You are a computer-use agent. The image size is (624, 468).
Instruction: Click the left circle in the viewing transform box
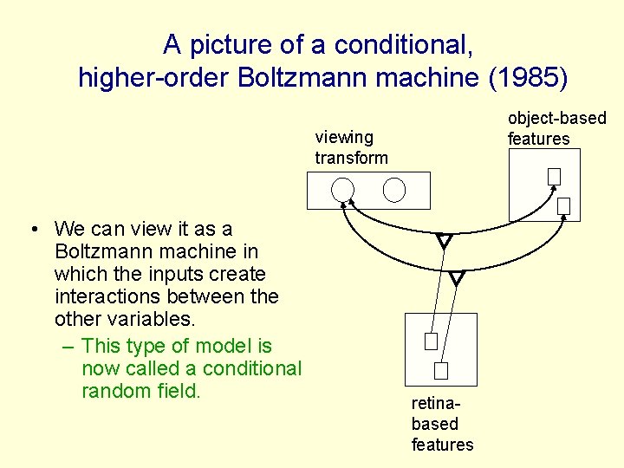point(343,190)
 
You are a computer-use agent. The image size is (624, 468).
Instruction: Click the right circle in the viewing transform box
point(394,190)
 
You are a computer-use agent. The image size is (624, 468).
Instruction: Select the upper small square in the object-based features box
point(554,176)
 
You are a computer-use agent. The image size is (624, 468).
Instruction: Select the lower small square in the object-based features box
point(563,205)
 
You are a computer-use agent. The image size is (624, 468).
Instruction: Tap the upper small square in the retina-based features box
point(431,341)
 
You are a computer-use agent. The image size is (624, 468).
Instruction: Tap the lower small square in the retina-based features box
point(440,371)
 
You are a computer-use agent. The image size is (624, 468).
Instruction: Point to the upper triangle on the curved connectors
point(445,242)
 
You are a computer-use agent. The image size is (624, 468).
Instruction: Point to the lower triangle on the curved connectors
point(457,278)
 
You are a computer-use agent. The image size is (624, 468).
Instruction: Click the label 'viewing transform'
point(351,147)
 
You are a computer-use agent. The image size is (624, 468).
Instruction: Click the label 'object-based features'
point(556,128)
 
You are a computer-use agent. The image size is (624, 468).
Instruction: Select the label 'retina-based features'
point(442,424)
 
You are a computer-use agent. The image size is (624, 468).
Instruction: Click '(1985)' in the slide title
point(528,78)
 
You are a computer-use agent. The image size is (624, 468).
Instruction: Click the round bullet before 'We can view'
point(31,230)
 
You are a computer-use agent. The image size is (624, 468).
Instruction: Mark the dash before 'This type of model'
point(68,347)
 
